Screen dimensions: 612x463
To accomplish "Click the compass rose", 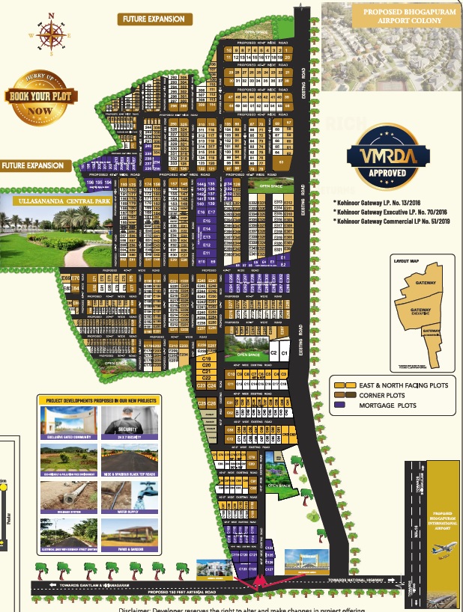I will click(x=52, y=32).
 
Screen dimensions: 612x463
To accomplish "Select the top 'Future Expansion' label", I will click(x=154, y=19).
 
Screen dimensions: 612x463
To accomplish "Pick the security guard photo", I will click(x=128, y=425).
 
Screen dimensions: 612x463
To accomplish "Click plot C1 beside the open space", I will click(x=273, y=352).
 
